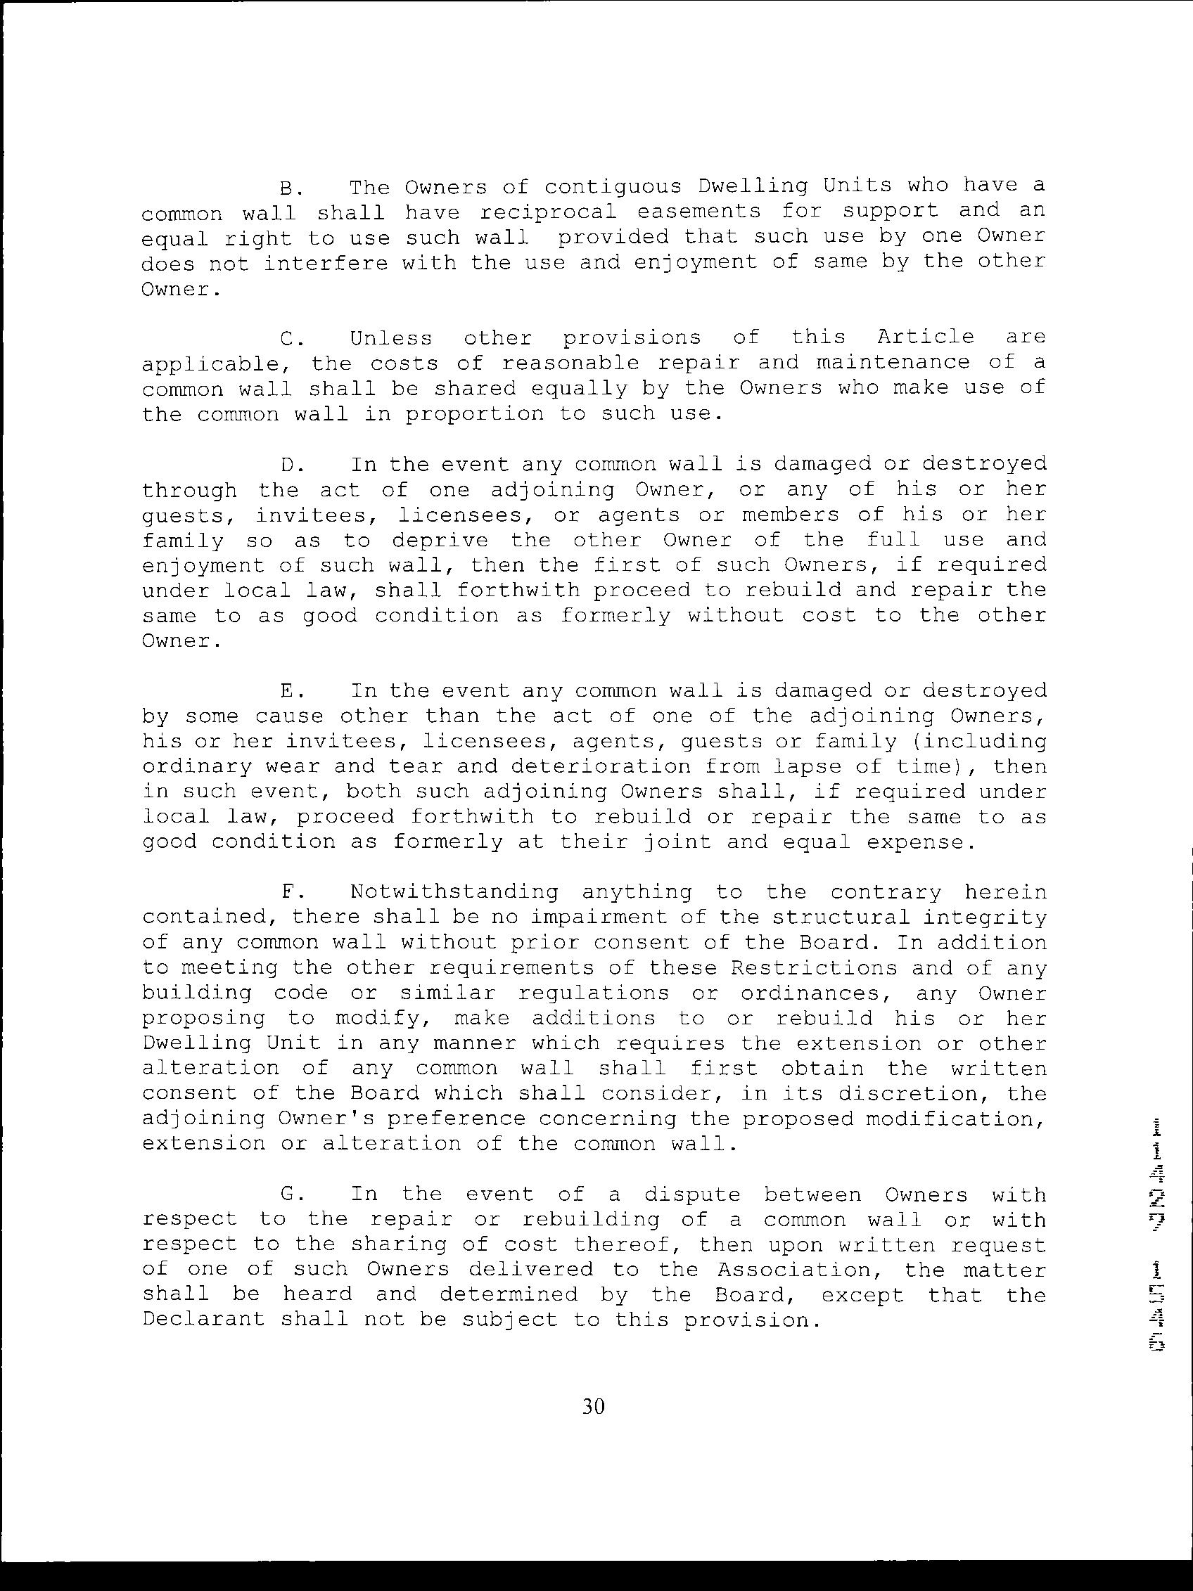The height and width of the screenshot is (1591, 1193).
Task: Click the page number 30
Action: (594, 1407)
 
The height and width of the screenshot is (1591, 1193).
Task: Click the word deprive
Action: (440, 540)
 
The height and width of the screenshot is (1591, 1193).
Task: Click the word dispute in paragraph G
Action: (691, 1195)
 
